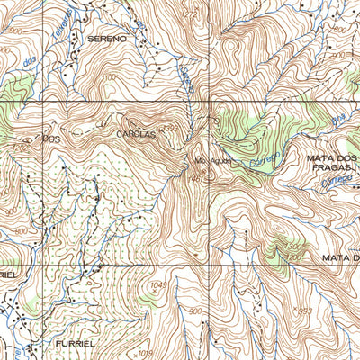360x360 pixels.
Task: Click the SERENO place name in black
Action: coord(106,40)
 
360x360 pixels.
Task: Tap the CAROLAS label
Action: coord(136,134)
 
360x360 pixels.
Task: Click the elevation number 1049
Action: coord(160,285)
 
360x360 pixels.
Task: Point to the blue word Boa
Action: coord(338,119)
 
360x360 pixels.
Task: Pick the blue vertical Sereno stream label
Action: coord(187,79)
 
